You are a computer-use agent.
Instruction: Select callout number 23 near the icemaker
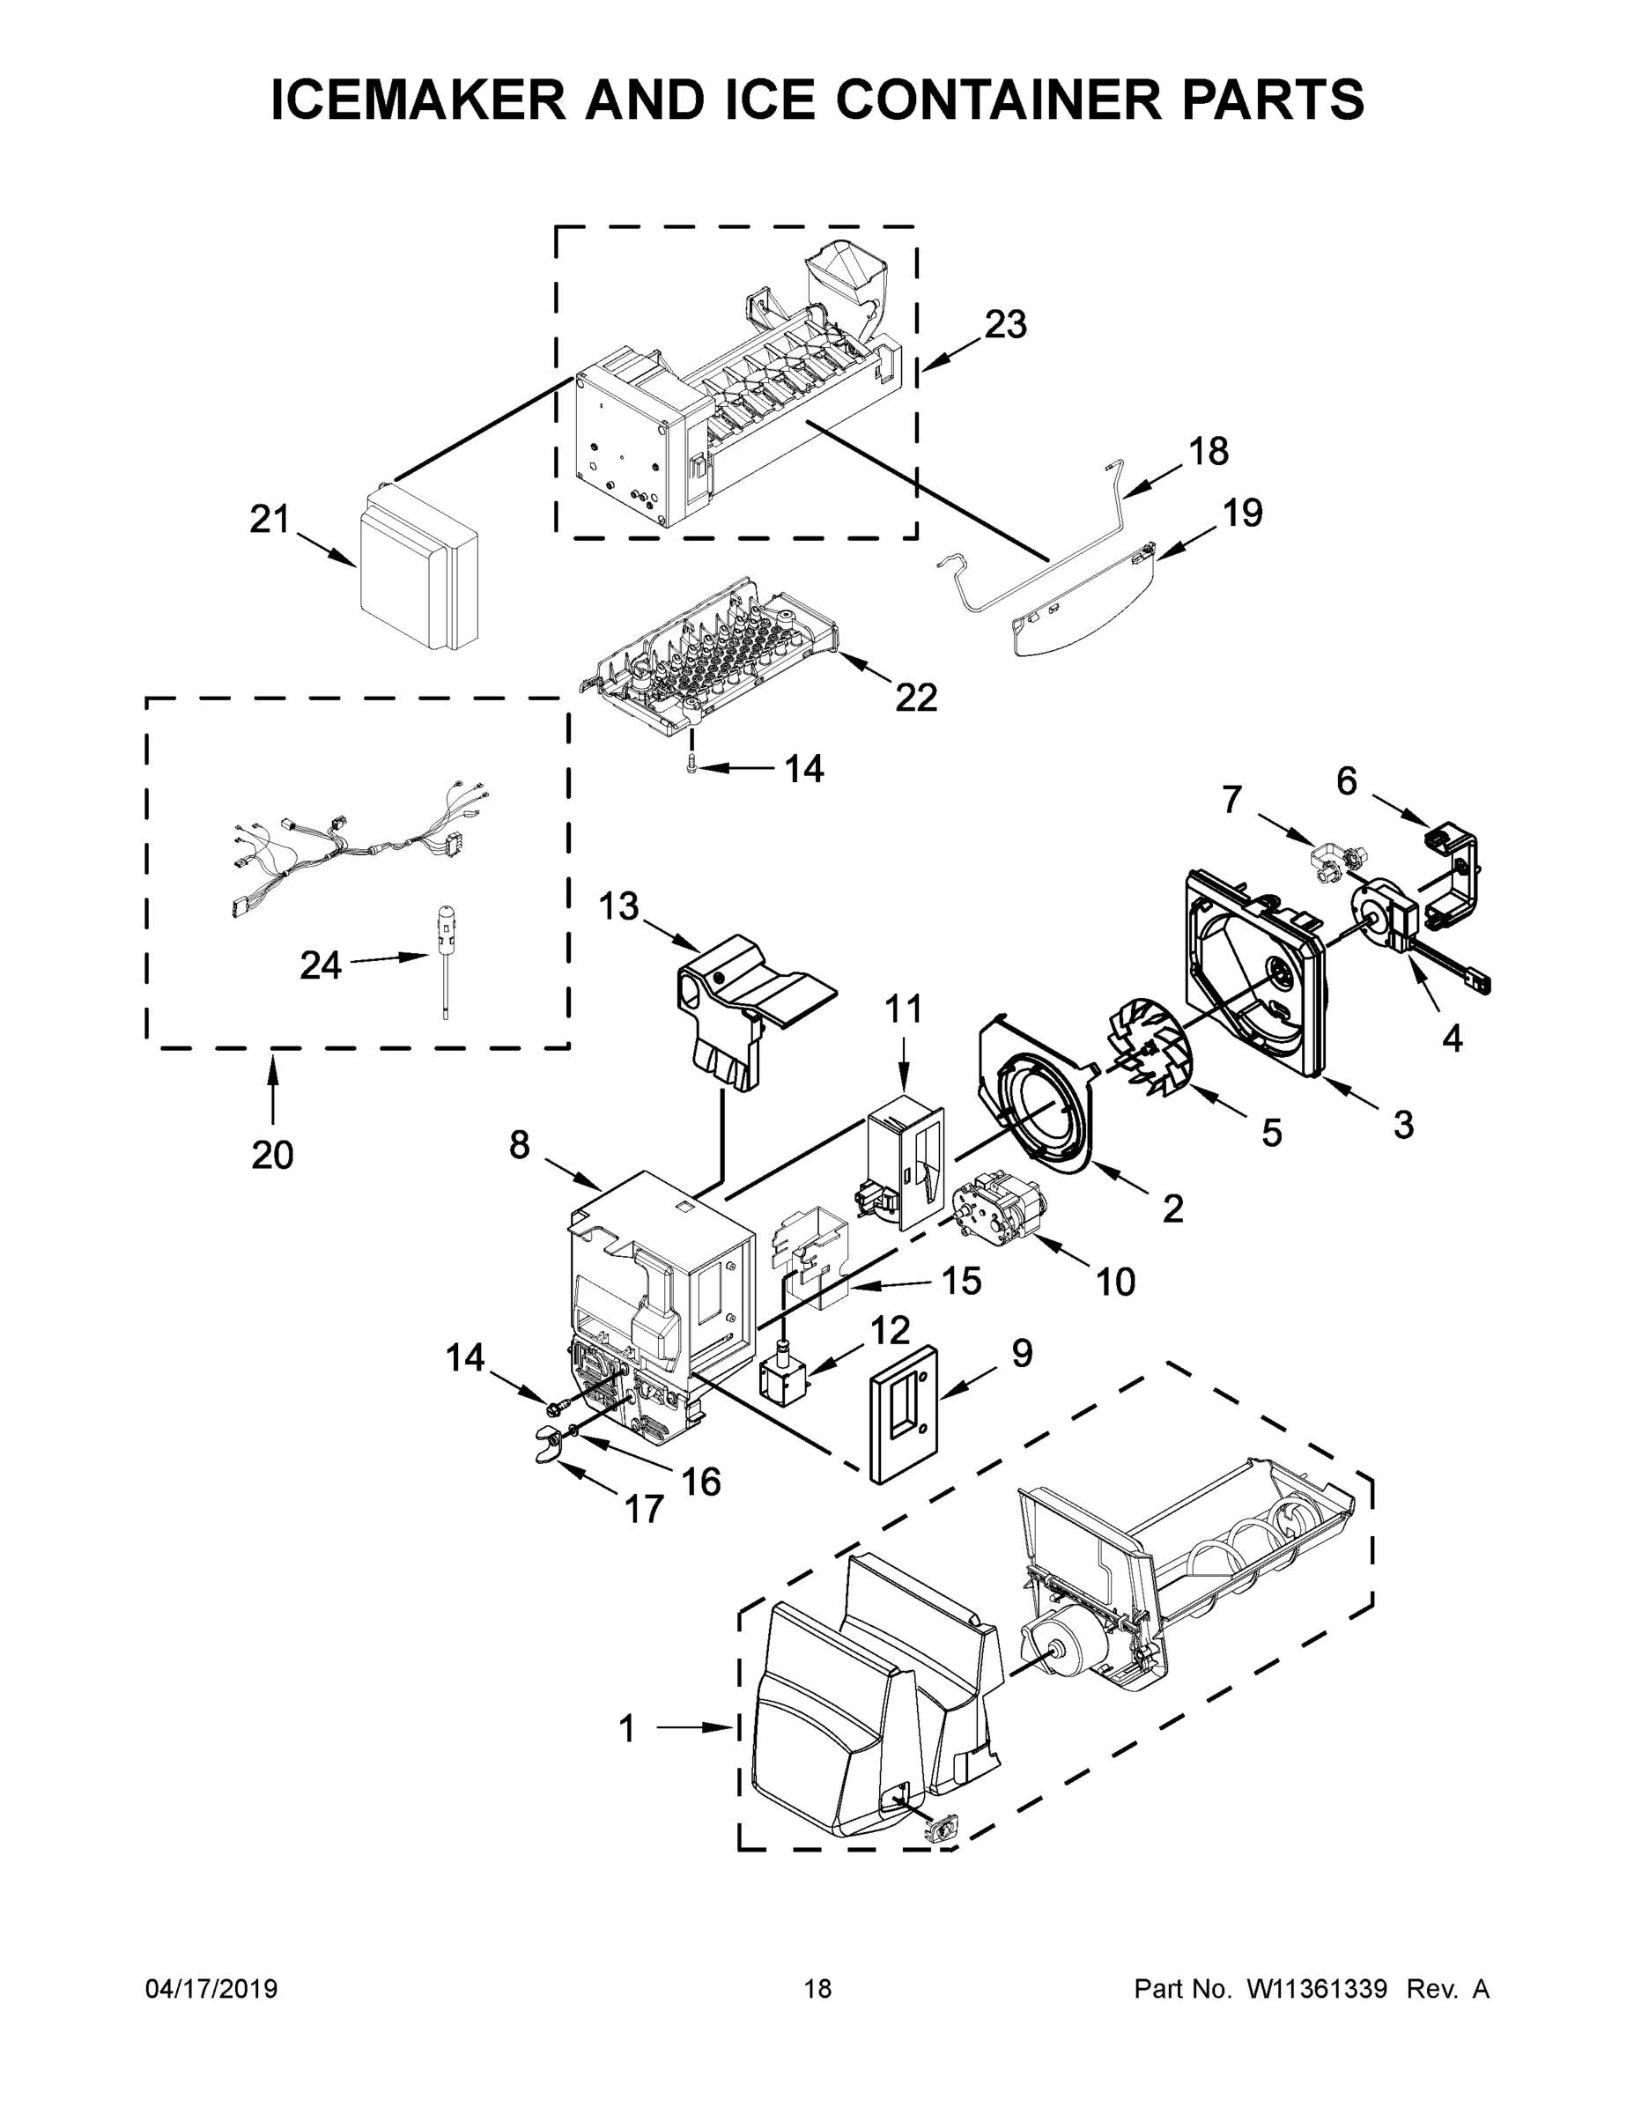[x=1005, y=325]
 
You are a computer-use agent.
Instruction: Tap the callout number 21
[x=270, y=520]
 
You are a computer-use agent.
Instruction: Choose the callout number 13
[x=618, y=907]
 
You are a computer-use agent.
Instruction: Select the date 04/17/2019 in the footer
[x=211, y=1988]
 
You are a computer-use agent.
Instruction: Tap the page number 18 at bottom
[x=818, y=1988]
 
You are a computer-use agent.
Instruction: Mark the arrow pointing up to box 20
[x=272, y=1089]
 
